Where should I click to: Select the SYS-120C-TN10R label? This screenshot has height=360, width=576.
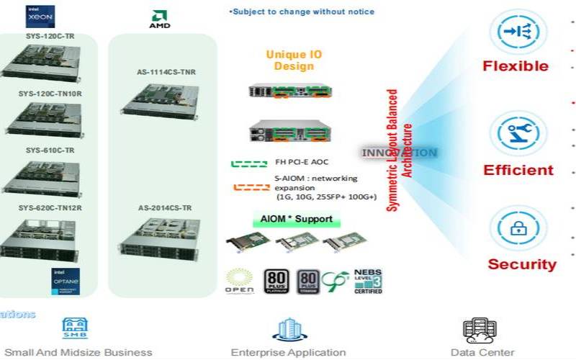[x=50, y=94]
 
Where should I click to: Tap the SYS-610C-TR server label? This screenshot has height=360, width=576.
[x=50, y=150]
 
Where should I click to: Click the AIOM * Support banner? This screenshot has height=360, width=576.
[x=292, y=219]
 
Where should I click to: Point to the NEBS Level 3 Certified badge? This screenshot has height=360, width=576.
[x=368, y=281]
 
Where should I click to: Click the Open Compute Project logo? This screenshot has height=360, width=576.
[x=240, y=282]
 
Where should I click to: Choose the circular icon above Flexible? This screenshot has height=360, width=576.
[x=514, y=32]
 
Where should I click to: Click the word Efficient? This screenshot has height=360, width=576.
[x=518, y=171]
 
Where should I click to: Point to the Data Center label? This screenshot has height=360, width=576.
[x=482, y=353]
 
